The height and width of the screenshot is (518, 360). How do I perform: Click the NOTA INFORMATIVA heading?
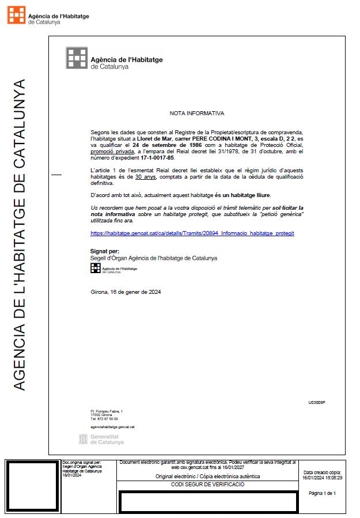click(197, 114)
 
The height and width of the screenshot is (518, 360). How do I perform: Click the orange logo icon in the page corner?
click(16, 15)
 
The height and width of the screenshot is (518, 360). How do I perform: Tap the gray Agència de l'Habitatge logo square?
click(77, 58)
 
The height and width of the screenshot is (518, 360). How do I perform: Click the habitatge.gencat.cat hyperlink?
click(192, 233)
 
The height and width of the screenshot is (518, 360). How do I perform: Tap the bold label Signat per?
click(105, 252)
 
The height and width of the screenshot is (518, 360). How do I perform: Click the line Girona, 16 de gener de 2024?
click(126, 292)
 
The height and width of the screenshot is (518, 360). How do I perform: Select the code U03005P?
click(317, 402)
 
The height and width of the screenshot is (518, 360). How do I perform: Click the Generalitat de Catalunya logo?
click(101, 439)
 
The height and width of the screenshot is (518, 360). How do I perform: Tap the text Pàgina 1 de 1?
click(322, 493)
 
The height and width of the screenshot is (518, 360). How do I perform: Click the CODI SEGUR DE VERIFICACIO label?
click(208, 485)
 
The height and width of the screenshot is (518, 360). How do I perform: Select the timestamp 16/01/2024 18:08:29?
click(322, 478)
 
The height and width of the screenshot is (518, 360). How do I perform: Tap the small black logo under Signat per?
click(95, 269)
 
